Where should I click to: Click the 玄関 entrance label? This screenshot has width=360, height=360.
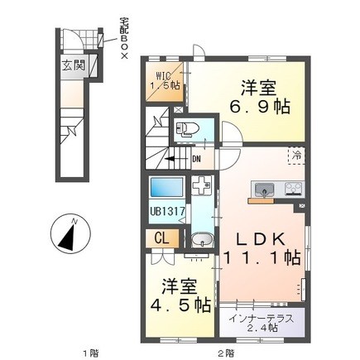(x=74, y=66)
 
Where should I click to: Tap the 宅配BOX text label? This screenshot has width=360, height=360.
(x=124, y=38)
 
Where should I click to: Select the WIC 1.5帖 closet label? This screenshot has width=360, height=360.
(x=165, y=80)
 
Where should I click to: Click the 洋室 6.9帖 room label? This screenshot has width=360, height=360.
(x=260, y=97)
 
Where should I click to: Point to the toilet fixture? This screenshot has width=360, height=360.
(x=185, y=129)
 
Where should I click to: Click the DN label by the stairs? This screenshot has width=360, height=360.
(x=196, y=159)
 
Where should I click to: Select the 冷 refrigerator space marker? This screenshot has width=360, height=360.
(x=296, y=156)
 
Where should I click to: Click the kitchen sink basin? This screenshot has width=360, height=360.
(x=265, y=190)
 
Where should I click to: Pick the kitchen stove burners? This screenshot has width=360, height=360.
(x=294, y=189)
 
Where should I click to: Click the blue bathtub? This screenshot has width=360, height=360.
(x=166, y=188)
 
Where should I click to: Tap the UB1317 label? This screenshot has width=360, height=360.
(x=166, y=212)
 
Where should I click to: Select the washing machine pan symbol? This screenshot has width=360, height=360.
(x=201, y=185)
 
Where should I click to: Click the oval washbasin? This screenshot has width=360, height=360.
(x=202, y=239)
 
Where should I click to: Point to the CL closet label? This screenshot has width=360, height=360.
(x=161, y=238)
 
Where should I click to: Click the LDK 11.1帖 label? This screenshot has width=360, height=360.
(x=261, y=248)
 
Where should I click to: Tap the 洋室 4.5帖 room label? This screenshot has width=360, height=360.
(x=180, y=295)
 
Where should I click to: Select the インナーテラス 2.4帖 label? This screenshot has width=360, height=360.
(x=261, y=323)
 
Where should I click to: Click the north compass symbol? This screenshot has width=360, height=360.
(x=70, y=233)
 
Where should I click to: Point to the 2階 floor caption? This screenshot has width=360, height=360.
(x=227, y=353)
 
